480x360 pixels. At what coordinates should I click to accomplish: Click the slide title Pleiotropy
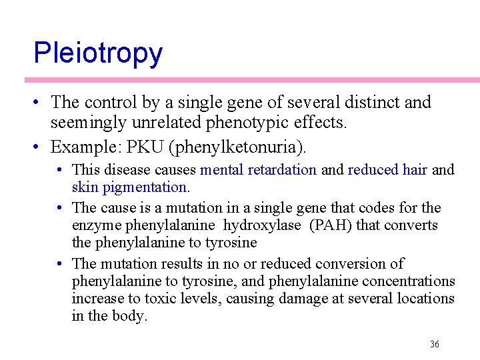pyautogui.click(x=97, y=53)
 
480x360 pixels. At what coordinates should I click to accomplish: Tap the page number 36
pyautogui.click(x=435, y=344)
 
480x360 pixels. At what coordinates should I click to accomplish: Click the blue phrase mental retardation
pyautogui.click(x=258, y=170)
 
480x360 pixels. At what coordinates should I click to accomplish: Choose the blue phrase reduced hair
pyautogui.click(x=387, y=170)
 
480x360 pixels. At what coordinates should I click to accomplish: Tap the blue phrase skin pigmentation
pyautogui.click(x=131, y=187)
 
